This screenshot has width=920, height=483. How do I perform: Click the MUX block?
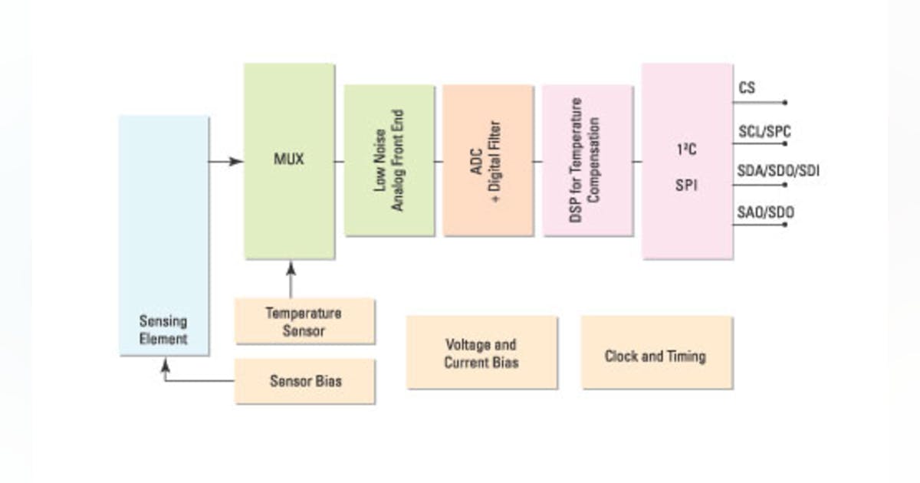click(x=289, y=161)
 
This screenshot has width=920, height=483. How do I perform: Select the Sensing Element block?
click(x=163, y=235)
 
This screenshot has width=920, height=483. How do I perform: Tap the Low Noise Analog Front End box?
click(x=389, y=160)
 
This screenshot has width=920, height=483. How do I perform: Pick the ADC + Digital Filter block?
click(x=488, y=160)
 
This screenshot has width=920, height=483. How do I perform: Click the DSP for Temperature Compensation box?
click(x=587, y=160)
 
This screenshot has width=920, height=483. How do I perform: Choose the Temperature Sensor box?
click(x=304, y=322)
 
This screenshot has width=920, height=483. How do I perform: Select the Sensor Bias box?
click(x=304, y=380)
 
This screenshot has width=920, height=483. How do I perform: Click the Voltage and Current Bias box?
click(x=481, y=353)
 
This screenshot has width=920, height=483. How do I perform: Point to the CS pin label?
click(x=747, y=88)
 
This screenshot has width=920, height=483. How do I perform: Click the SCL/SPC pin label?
click(x=764, y=132)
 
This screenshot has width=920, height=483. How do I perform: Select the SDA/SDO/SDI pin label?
click(x=778, y=171)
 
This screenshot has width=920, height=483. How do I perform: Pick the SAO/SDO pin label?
click(x=765, y=212)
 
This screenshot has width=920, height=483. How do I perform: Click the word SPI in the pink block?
click(x=686, y=186)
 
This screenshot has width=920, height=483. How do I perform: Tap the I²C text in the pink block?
click(x=686, y=149)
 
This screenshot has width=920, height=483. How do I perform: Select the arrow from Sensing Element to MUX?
click(x=226, y=161)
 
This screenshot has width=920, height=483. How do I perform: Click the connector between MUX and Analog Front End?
click(x=339, y=161)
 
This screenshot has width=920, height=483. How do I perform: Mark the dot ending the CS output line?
click(x=785, y=102)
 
